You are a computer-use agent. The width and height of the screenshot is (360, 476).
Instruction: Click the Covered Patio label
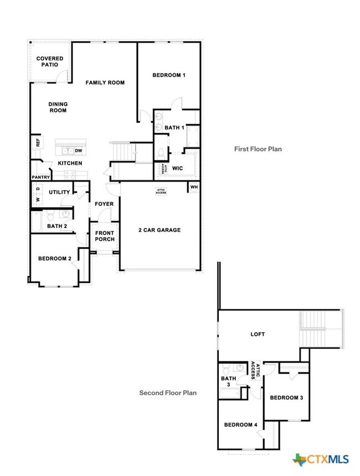[50, 61]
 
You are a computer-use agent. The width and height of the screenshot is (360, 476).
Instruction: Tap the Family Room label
[105, 82]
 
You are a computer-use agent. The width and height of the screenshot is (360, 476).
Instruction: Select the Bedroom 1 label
[169, 75]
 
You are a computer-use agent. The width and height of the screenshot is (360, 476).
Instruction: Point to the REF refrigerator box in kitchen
[38, 143]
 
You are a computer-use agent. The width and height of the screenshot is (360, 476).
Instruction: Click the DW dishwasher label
[79, 151]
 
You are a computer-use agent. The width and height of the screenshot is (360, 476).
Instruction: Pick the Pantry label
[41, 177]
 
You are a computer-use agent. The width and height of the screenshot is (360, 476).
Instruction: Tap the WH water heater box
[194, 187]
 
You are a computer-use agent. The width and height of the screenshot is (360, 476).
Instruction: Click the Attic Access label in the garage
[161, 192]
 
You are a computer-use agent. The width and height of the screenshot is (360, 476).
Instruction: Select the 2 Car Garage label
[160, 230]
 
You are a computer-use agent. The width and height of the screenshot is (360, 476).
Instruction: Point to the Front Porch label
[105, 236]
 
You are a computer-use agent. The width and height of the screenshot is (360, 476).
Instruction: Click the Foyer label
[104, 204]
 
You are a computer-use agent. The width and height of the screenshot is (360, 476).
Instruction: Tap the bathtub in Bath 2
[37, 221]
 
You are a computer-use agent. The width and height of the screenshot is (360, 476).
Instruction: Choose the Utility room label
[60, 192]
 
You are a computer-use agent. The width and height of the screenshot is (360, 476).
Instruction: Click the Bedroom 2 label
[55, 258]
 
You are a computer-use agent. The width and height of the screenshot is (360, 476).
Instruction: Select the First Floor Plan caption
[258, 149]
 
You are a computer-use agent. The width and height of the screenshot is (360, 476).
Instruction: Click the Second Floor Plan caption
[168, 393]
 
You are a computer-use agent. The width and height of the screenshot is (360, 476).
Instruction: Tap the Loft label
[258, 334]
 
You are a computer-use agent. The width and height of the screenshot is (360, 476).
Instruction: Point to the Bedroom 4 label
[240, 425]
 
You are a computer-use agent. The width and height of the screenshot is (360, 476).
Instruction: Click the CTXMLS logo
[321, 459]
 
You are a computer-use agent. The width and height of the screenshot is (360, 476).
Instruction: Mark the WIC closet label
[177, 168]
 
